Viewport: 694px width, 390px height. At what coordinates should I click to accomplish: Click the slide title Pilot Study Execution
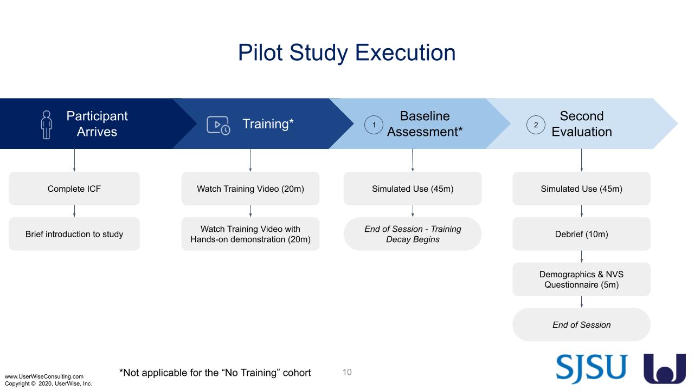point(346,53)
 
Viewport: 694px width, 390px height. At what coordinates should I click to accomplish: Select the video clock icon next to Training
point(219,125)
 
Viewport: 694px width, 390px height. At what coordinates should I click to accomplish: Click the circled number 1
point(374,125)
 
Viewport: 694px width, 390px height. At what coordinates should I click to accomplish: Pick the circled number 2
point(536,125)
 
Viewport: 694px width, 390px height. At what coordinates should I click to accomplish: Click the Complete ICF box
point(74,188)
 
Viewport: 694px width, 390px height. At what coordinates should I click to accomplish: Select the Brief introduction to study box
point(74,234)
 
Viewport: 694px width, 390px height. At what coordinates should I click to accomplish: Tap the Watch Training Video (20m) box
point(250,188)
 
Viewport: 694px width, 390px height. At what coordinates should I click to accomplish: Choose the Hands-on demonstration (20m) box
point(250,234)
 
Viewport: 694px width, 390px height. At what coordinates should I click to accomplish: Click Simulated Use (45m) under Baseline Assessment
point(413,188)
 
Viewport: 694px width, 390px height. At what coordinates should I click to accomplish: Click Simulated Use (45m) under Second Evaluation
point(582,188)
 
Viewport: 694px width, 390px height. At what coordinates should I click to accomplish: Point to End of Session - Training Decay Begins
point(413,234)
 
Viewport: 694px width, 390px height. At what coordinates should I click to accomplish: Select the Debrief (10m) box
point(582,234)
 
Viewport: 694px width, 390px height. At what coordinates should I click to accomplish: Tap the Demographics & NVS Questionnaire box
point(582,279)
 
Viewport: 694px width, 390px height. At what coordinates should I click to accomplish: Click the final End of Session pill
point(582,324)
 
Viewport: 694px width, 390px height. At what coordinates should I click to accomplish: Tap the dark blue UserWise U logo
point(665,369)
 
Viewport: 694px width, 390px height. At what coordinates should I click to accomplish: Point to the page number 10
point(347,372)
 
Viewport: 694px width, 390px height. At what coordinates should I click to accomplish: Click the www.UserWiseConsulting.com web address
point(44,376)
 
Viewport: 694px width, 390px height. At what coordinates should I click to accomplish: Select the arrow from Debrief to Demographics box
point(582,257)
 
